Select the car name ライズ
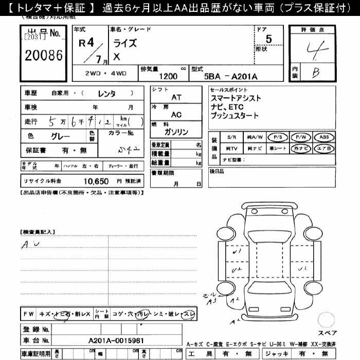click(125, 43)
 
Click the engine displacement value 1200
click(168, 76)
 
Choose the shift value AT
click(176, 97)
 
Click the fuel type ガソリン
click(176, 132)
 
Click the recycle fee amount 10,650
click(96, 181)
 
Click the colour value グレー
click(61, 137)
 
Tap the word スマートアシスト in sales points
click(235, 98)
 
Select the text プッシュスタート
click(234, 116)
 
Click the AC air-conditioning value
click(176, 115)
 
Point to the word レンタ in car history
click(106, 93)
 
